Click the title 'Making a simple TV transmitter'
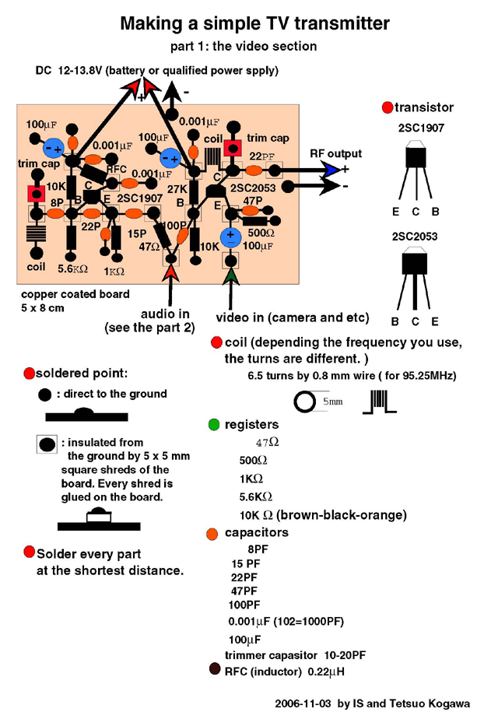pyautogui.click(x=254, y=24)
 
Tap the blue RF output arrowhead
pyautogui.click(x=332, y=170)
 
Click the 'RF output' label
pyautogui.click(x=335, y=154)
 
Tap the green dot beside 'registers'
pyautogui.click(x=214, y=425)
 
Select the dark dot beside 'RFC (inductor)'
pyautogui.click(x=214, y=669)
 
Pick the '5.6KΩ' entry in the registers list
pyautogui.click(x=256, y=496)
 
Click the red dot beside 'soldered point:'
pyautogui.click(x=30, y=374)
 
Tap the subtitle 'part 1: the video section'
pyautogui.click(x=243, y=46)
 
